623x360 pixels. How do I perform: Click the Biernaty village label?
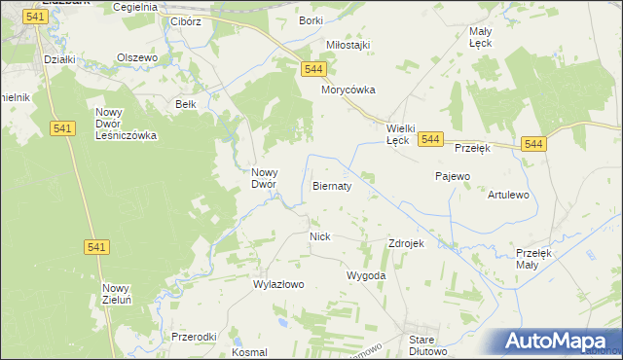pos(331,185)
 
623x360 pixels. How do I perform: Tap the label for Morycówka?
pos(348,90)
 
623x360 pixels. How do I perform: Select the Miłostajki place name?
pos(348,45)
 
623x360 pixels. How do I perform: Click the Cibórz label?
pos(185,20)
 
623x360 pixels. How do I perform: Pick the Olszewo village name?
pos(137,57)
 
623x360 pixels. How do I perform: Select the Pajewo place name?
pos(452,176)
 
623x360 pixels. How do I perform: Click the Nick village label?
pos(320,236)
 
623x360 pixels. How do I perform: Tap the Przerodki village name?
pos(193,337)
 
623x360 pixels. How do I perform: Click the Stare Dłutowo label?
pos(427,345)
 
